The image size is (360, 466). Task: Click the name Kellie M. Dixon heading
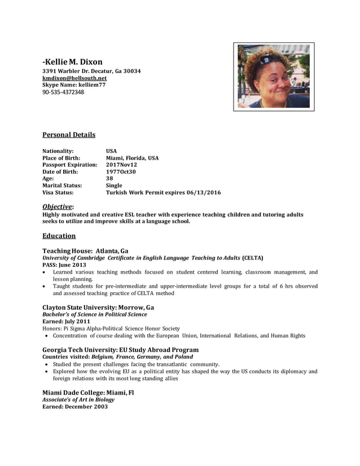pyautogui.click(x=73, y=61)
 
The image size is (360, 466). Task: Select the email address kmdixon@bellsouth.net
pyautogui.click(x=74, y=78)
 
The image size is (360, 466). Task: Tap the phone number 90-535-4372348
pyautogui.click(x=63, y=92)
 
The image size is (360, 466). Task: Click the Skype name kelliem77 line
pyautogui.click(x=74, y=85)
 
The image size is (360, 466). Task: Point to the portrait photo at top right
pyautogui.click(x=274, y=76)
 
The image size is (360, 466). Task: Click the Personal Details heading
pyautogui.click(x=69, y=135)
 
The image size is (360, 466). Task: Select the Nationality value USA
pyautogui.click(x=111, y=151)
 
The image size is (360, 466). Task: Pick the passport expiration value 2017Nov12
pyautogui.click(x=121, y=165)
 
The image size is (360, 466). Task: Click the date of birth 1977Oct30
pyautogui.click(x=121, y=172)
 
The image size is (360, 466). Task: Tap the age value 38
pyautogui.click(x=109, y=178)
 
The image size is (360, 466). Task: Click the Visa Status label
pyautogui.click(x=58, y=192)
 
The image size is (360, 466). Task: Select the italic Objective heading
pyautogui.click(x=58, y=207)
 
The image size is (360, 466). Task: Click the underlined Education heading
pyautogui.click(x=59, y=236)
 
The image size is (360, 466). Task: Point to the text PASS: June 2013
pyautogui.click(x=64, y=265)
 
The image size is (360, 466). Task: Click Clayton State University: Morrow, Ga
pyautogui.click(x=98, y=307)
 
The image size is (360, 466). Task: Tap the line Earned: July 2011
pyautogui.click(x=66, y=322)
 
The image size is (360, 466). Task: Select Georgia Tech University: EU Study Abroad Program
pyautogui.click(x=120, y=350)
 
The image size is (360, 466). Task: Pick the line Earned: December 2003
pyautogui.click(x=75, y=406)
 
